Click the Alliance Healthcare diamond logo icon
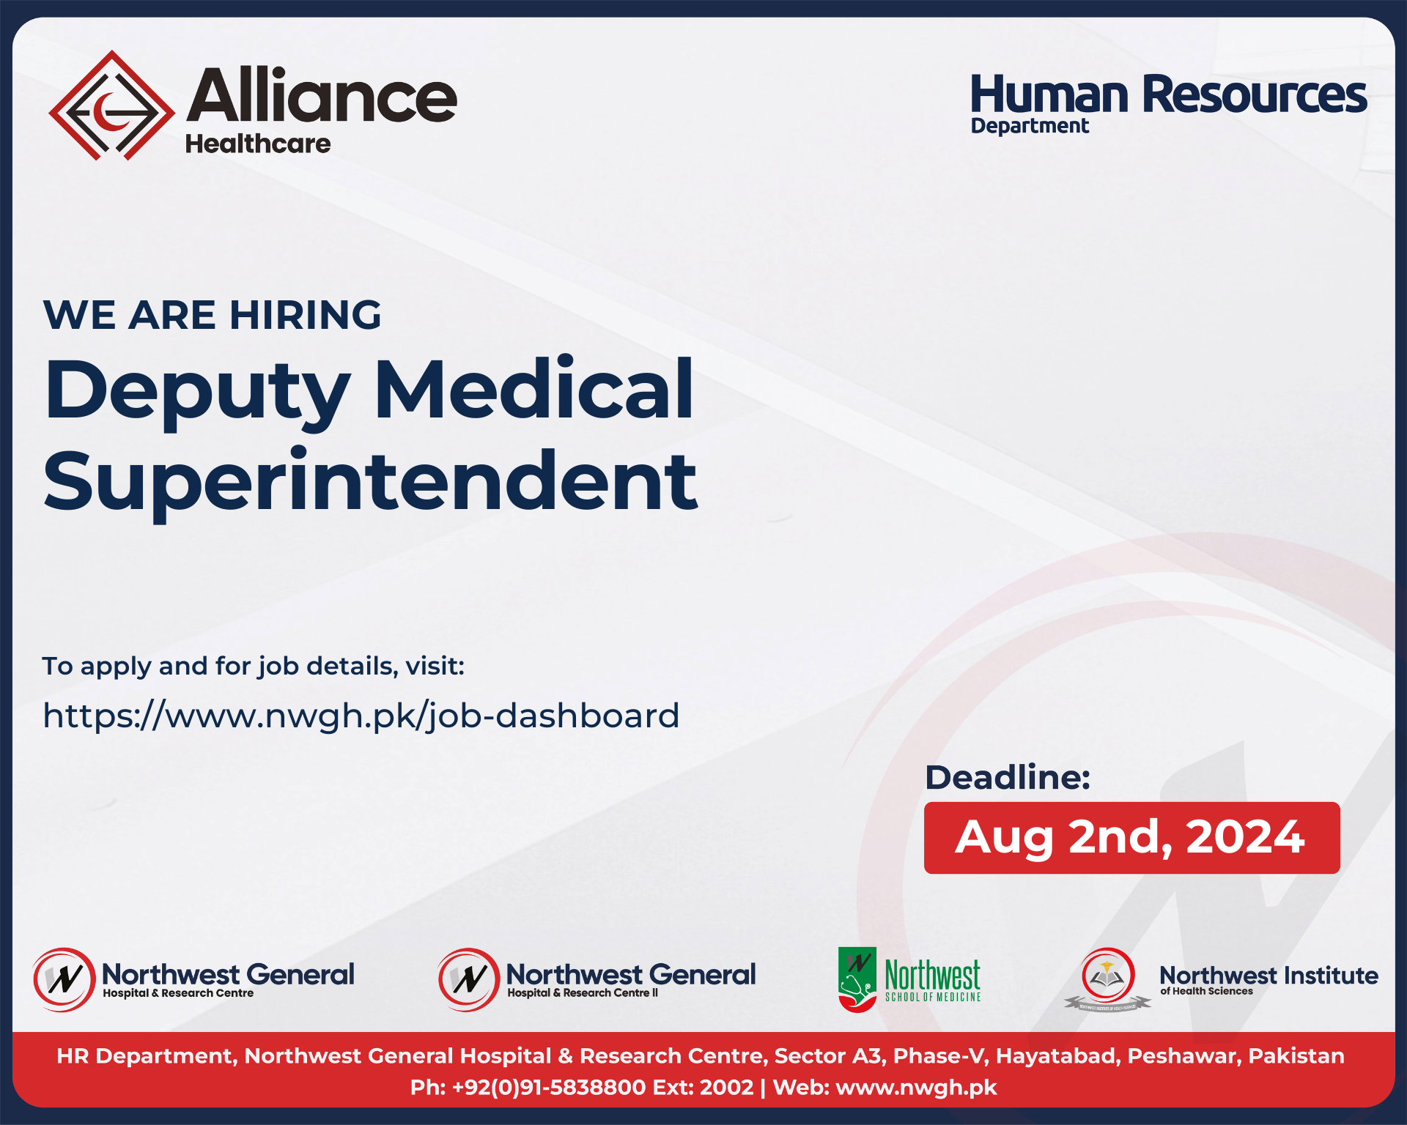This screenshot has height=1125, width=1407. [111, 105]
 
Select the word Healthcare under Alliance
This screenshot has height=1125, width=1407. [258, 144]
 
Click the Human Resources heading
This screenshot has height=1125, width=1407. [1168, 94]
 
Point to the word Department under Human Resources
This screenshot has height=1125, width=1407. [1030, 126]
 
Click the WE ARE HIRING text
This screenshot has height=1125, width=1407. [213, 315]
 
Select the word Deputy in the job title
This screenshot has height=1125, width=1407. [198, 392]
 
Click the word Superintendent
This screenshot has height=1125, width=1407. [371, 482]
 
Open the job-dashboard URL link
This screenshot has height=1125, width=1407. [361, 716]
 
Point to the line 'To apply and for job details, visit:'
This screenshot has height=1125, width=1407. [254, 666]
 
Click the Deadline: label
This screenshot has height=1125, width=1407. [1008, 777]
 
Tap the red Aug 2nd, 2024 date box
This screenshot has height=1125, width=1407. [1131, 837]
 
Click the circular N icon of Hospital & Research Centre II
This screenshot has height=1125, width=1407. [468, 979]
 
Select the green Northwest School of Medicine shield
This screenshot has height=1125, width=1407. [857, 979]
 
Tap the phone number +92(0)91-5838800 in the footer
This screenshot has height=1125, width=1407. [549, 1087]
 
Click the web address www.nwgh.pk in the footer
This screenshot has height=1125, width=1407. [916, 1087]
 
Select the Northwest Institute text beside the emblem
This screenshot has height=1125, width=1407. [1268, 976]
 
